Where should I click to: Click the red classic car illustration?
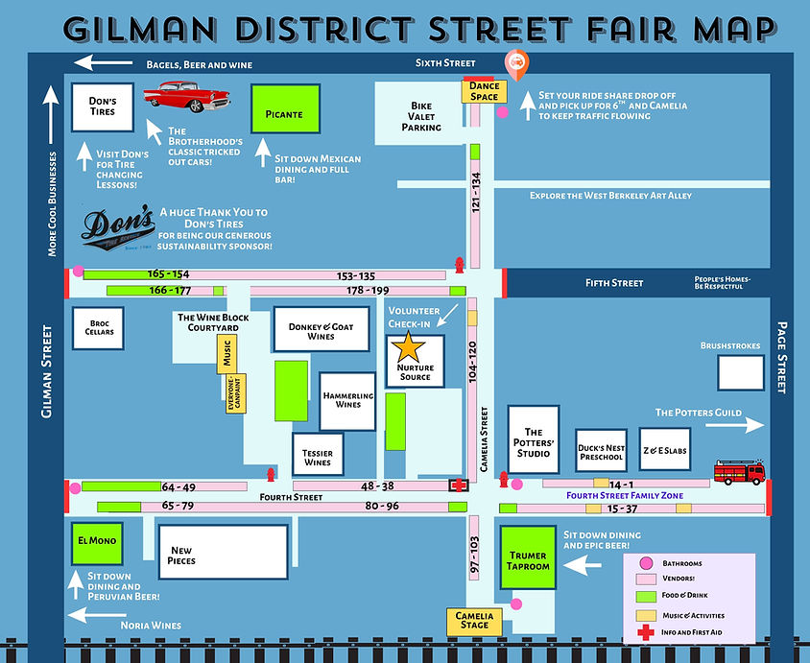(x=186, y=96)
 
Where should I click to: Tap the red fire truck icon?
(x=739, y=471)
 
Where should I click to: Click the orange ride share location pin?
(x=515, y=64)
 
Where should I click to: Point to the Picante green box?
(x=283, y=114)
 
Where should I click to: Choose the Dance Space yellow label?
(x=484, y=91)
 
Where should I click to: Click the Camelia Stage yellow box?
(x=474, y=620)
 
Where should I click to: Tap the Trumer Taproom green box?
(x=527, y=561)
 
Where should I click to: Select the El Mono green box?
(x=97, y=541)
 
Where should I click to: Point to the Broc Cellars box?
(x=100, y=328)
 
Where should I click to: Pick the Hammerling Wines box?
(x=347, y=399)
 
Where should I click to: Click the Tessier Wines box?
(x=317, y=456)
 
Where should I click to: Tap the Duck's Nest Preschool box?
(x=601, y=451)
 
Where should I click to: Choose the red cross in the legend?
(x=646, y=632)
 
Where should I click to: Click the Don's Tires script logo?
(x=118, y=226)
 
